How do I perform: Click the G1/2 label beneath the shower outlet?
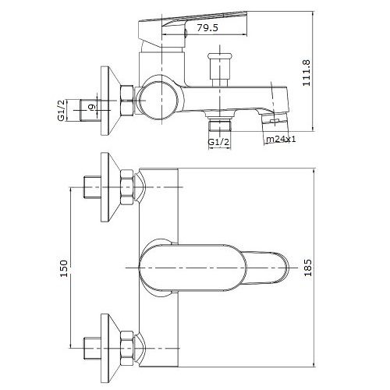(220, 143)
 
